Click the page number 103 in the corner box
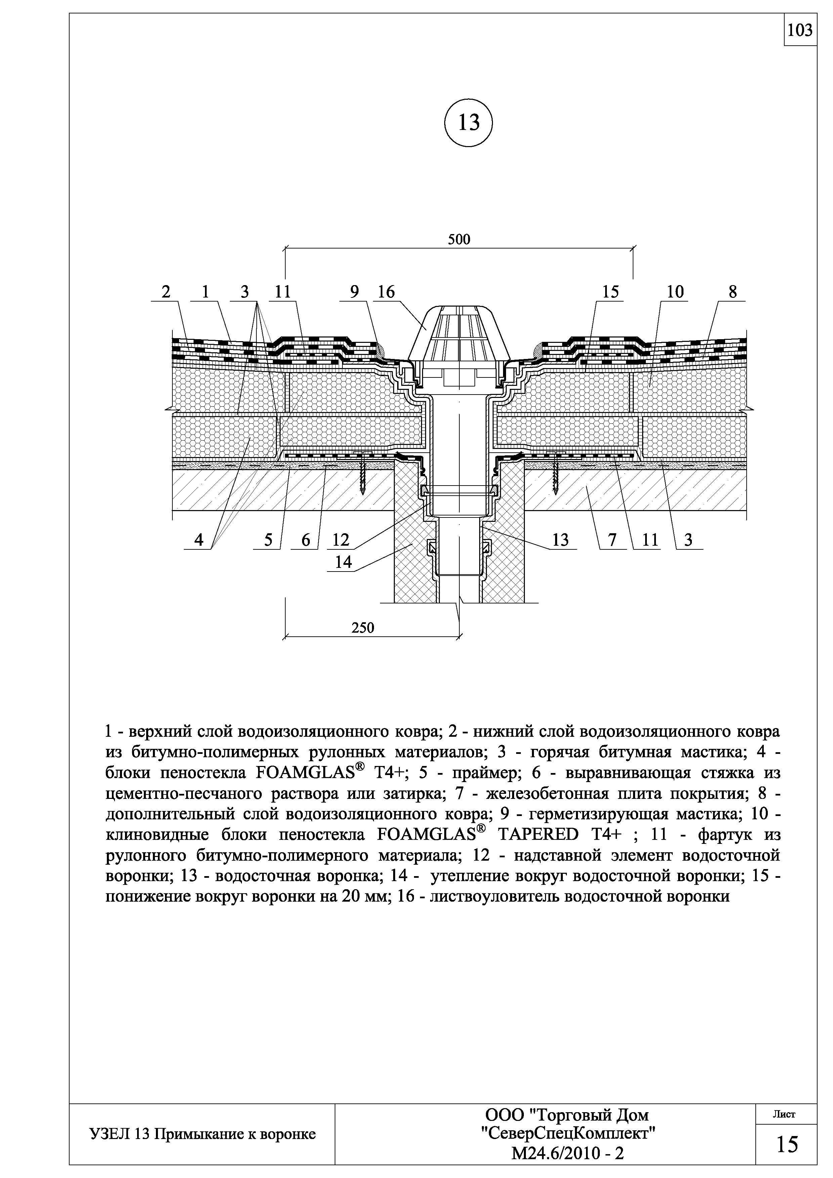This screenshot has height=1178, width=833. click(x=800, y=31)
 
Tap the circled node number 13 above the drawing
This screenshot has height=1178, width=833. click(x=468, y=123)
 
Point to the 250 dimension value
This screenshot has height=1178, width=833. click(x=363, y=628)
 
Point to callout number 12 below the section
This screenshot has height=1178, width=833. click(x=340, y=540)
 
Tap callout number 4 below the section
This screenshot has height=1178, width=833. click(x=199, y=540)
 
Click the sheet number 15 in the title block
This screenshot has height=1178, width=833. click(x=787, y=1144)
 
